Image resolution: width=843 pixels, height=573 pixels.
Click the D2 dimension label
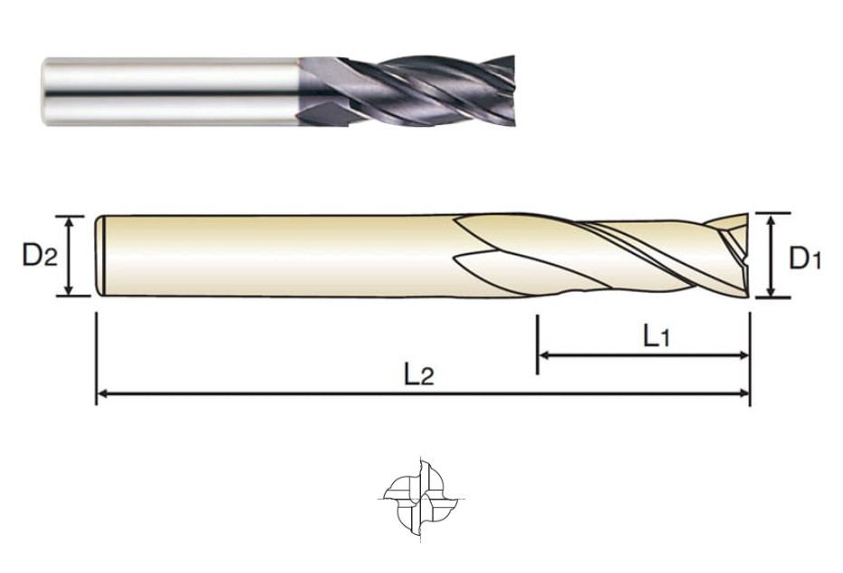(x=39, y=255)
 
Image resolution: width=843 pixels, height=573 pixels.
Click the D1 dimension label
(x=805, y=258)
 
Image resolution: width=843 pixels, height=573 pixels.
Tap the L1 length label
(x=656, y=337)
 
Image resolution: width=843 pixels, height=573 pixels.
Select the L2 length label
(x=419, y=374)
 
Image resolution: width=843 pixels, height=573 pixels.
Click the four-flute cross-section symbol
(x=421, y=498)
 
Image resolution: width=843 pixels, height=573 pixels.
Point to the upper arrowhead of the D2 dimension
(x=68, y=221)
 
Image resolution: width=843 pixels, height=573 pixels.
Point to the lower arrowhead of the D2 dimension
(x=68, y=290)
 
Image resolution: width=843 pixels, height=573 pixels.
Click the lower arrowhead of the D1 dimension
(x=771, y=291)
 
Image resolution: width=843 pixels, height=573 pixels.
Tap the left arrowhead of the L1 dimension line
(x=544, y=355)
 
